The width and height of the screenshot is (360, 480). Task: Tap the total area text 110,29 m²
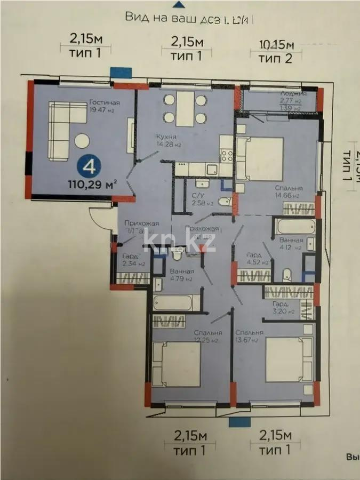92,185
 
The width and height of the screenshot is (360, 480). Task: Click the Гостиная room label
105,103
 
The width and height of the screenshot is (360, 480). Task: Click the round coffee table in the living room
83,140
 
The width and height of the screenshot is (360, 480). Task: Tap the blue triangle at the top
181,4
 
